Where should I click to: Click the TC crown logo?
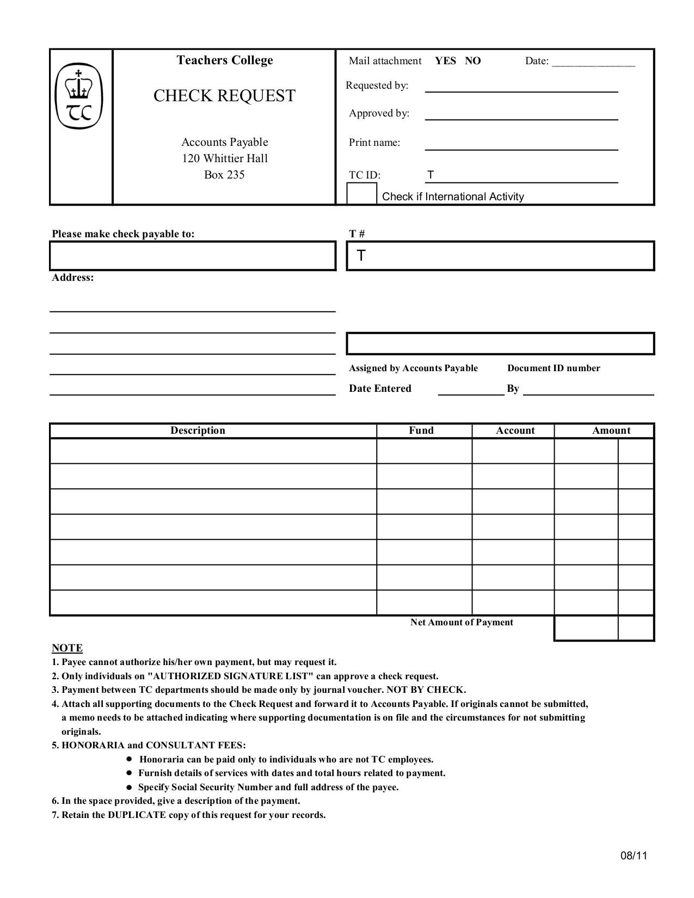(79, 96)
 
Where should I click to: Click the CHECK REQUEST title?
(224, 96)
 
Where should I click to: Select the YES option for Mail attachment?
(445, 61)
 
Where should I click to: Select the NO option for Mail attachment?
(472, 61)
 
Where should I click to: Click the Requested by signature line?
(521, 87)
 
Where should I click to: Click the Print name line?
(521, 144)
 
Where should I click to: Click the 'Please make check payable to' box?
(193, 256)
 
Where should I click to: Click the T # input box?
(500, 256)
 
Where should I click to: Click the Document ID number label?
(554, 368)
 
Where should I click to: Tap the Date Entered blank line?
(471, 390)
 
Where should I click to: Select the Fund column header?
(421, 430)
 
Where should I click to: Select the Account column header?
(515, 430)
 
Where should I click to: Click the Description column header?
(198, 430)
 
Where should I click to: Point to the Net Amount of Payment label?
(462, 622)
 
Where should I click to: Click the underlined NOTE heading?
(67, 648)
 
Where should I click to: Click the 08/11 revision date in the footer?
(634, 856)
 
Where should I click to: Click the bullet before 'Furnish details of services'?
(129, 773)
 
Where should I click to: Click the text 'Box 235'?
(224, 175)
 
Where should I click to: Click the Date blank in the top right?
(593, 62)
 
